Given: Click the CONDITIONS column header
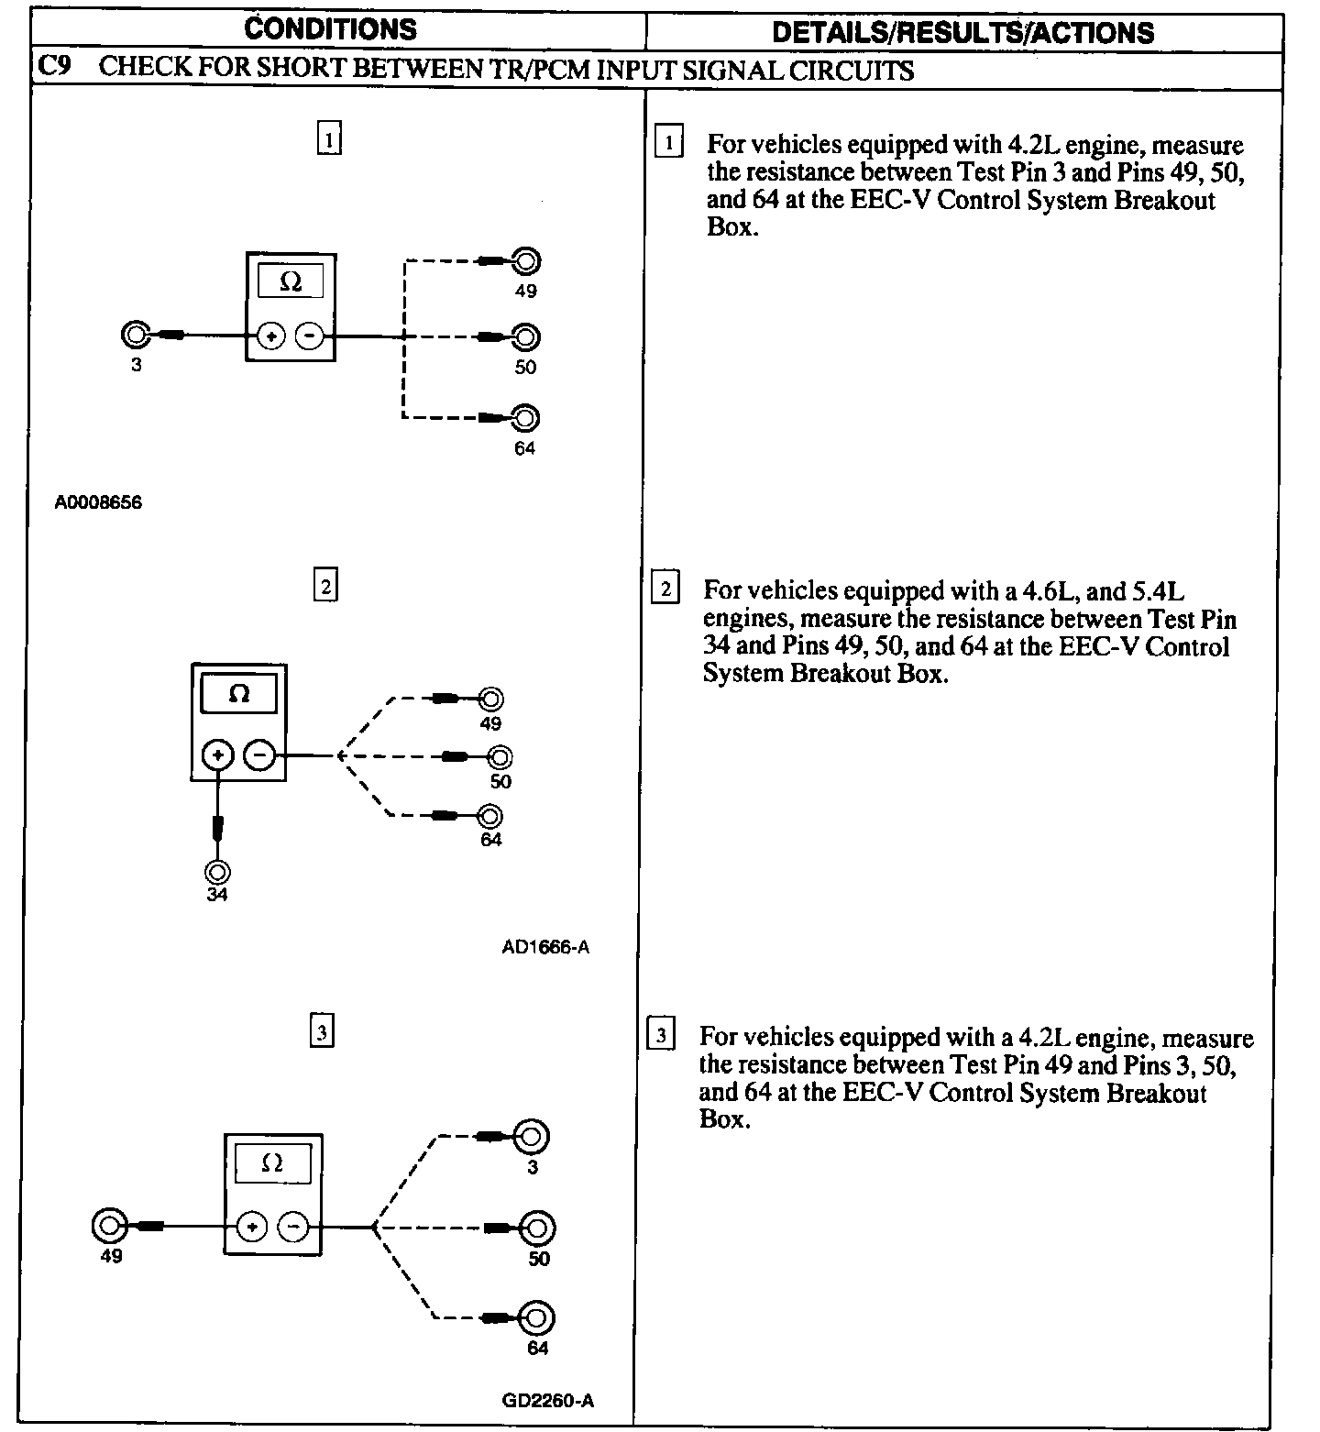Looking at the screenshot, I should pos(330,29).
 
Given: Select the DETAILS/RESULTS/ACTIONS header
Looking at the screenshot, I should pos(962,33).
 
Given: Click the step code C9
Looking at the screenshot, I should pos(54,69).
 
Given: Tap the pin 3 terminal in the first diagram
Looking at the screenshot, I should pos(136,336).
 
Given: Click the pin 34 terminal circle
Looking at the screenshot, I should pos(217,871).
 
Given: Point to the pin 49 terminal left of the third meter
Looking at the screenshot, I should pos(109,1226).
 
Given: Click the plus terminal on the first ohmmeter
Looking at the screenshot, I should pos(270,336).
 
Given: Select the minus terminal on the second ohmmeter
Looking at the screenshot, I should pos(260,755).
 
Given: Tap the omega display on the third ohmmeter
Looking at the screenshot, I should pos(272,1162).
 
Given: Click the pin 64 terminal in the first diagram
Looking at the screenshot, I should pos(525,418).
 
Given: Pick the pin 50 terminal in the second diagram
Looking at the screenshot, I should pos(500,757).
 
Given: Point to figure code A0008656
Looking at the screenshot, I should pos(98,502).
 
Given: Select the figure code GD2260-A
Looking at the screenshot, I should pos(548,1401).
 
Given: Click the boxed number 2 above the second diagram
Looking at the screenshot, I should pos(325,585).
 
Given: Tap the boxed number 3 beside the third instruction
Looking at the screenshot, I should pos(661,1035).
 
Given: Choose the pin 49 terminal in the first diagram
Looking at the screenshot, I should pos(526,262).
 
